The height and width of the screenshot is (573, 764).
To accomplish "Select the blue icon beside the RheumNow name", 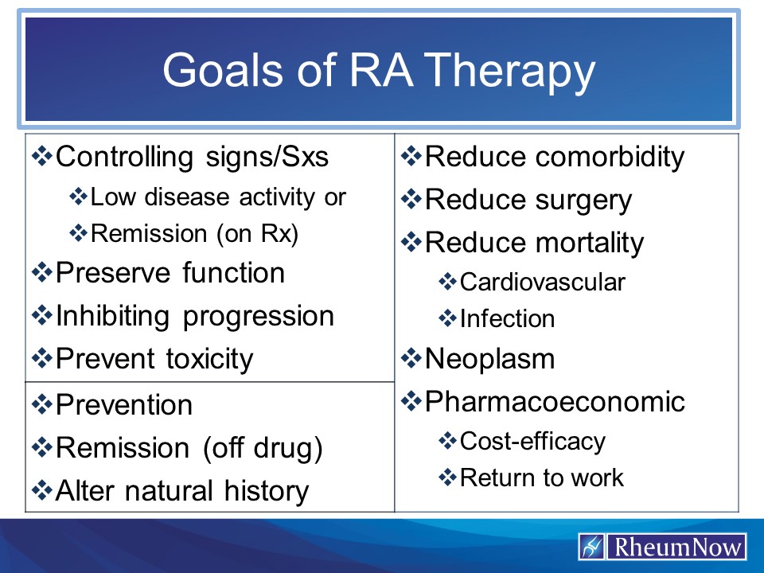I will click(591, 547).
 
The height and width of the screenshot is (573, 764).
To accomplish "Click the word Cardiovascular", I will click(543, 282).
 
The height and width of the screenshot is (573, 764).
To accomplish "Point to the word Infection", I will click(507, 319).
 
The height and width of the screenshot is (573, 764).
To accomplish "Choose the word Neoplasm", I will click(490, 359).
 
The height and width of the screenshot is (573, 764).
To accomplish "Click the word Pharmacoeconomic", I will click(555, 401).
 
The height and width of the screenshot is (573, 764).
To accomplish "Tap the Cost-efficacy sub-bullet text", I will click(532, 440).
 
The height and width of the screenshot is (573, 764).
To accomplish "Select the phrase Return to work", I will click(542, 477).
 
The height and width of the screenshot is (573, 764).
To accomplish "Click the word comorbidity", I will click(609, 157).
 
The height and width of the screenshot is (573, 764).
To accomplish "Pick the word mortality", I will click(589, 242).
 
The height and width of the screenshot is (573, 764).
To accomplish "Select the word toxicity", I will click(209, 359).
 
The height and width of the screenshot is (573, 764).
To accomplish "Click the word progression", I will click(259, 316).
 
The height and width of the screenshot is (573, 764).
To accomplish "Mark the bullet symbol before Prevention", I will click(41, 404).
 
